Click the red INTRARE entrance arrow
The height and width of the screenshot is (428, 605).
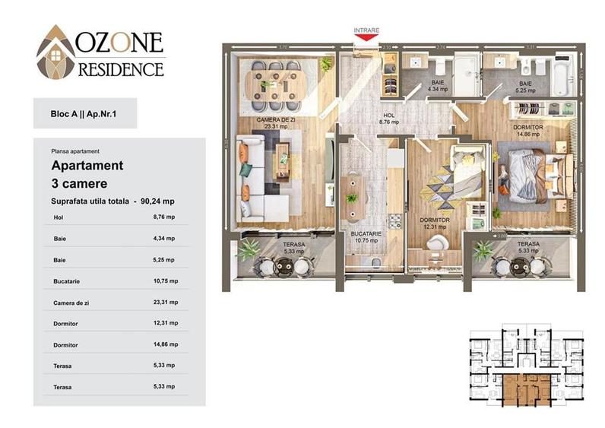(366, 36)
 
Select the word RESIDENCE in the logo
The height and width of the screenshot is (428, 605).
(121, 69)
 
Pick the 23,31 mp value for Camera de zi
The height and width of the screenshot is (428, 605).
(164, 302)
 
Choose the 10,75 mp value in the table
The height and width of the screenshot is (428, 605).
(164, 281)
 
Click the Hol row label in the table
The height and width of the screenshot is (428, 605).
(59, 217)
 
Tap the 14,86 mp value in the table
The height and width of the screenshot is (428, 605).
(164, 344)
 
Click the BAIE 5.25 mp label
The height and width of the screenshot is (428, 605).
(527, 86)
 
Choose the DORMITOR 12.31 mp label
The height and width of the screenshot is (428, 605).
(435, 223)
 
